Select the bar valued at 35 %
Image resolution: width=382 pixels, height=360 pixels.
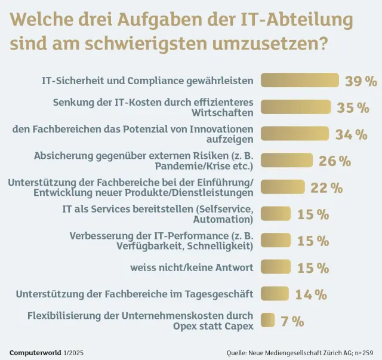point(295,107)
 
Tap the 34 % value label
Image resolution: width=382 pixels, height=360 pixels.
point(351,134)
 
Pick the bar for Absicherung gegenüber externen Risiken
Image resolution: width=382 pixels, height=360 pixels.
point(287,160)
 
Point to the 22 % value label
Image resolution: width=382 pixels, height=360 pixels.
point(326,187)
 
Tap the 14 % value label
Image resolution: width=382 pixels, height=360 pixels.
point(310,294)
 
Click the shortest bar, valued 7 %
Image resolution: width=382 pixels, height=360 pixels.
point(268,321)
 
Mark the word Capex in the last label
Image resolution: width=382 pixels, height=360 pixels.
point(239,326)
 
